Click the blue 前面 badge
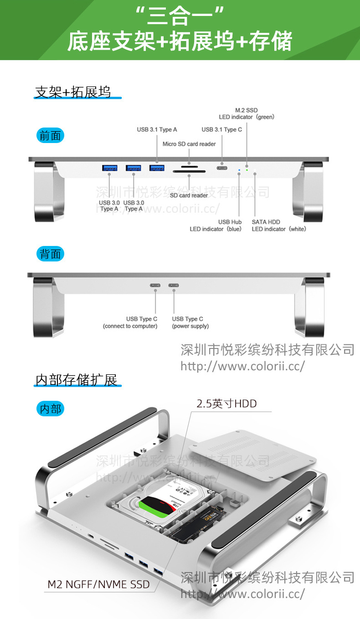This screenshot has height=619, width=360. [50, 135]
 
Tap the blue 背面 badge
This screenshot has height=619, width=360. [50, 254]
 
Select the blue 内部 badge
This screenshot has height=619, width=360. [50, 409]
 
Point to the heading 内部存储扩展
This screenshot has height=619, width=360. [77, 380]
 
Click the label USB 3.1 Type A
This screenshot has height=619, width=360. [157, 130]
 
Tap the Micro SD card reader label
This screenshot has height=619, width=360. [189, 144]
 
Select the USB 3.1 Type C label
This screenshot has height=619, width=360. [222, 130]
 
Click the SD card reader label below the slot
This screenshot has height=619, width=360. [189, 195]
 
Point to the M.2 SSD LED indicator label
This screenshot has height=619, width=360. [247, 113]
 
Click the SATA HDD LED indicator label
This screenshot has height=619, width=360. [279, 225]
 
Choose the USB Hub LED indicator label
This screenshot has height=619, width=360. [216, 225]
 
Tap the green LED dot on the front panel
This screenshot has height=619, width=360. [247, 170]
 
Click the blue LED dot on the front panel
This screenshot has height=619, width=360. [239, 172]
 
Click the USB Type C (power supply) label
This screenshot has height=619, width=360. [190, 322]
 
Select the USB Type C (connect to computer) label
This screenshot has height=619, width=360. [130, 322]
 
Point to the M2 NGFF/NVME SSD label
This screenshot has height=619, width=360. [99, 584]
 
